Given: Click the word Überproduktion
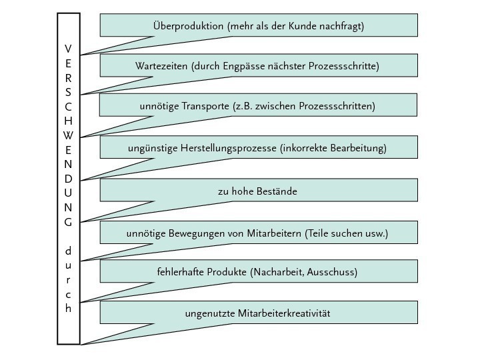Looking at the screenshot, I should click(188, 26).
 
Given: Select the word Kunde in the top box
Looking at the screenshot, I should click(306, 26).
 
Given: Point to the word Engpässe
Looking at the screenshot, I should click(269, 66).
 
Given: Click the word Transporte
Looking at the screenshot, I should click(203, 106).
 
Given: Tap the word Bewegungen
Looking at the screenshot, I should click(190, 233).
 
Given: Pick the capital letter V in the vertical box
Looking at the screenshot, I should click(68, 49).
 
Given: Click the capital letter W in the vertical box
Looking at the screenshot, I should click(68, 136).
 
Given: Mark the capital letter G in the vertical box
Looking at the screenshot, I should click(68, 223).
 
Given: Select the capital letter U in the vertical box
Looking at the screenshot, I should click(68, 193).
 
